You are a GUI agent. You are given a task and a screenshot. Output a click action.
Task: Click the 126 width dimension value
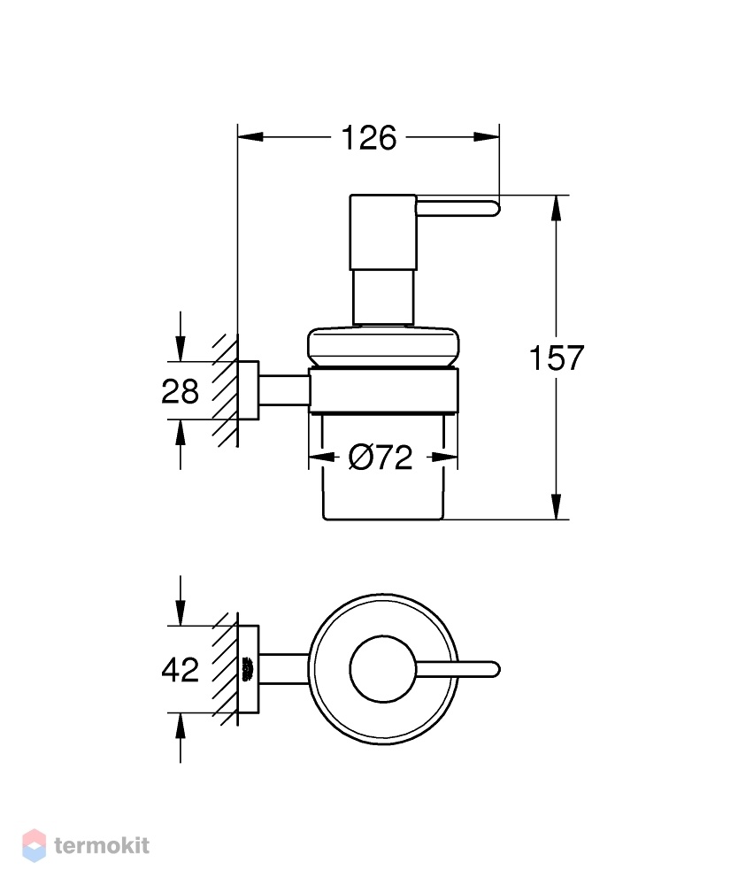(369, 138)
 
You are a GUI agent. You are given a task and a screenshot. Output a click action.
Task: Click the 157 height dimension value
(557, 358)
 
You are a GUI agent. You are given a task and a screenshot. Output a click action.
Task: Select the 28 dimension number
(180, 391)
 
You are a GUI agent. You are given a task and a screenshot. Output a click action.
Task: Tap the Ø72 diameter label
(381, 458)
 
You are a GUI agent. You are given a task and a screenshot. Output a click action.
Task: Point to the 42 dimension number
(180, 669)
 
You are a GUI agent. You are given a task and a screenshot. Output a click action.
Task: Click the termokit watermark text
(102, 845)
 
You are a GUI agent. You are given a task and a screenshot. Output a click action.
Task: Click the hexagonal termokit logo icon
(34, 845)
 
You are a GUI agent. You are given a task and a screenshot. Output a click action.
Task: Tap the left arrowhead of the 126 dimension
(250, 137)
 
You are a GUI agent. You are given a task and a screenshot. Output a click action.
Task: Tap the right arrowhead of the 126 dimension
(487, 137)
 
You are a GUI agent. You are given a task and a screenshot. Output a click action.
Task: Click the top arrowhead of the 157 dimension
(557, 208)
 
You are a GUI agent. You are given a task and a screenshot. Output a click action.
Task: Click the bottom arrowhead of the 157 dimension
(557, 506)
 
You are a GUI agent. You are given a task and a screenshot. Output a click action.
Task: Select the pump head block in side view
(383, 232)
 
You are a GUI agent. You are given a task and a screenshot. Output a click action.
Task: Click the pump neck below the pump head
(383, 297)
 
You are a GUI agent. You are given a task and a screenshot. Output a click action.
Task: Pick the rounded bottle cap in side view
(383, 347)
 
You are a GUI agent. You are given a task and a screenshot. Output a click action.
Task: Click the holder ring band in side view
(383, 390)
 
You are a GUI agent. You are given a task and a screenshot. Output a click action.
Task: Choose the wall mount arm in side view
(284, 390)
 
